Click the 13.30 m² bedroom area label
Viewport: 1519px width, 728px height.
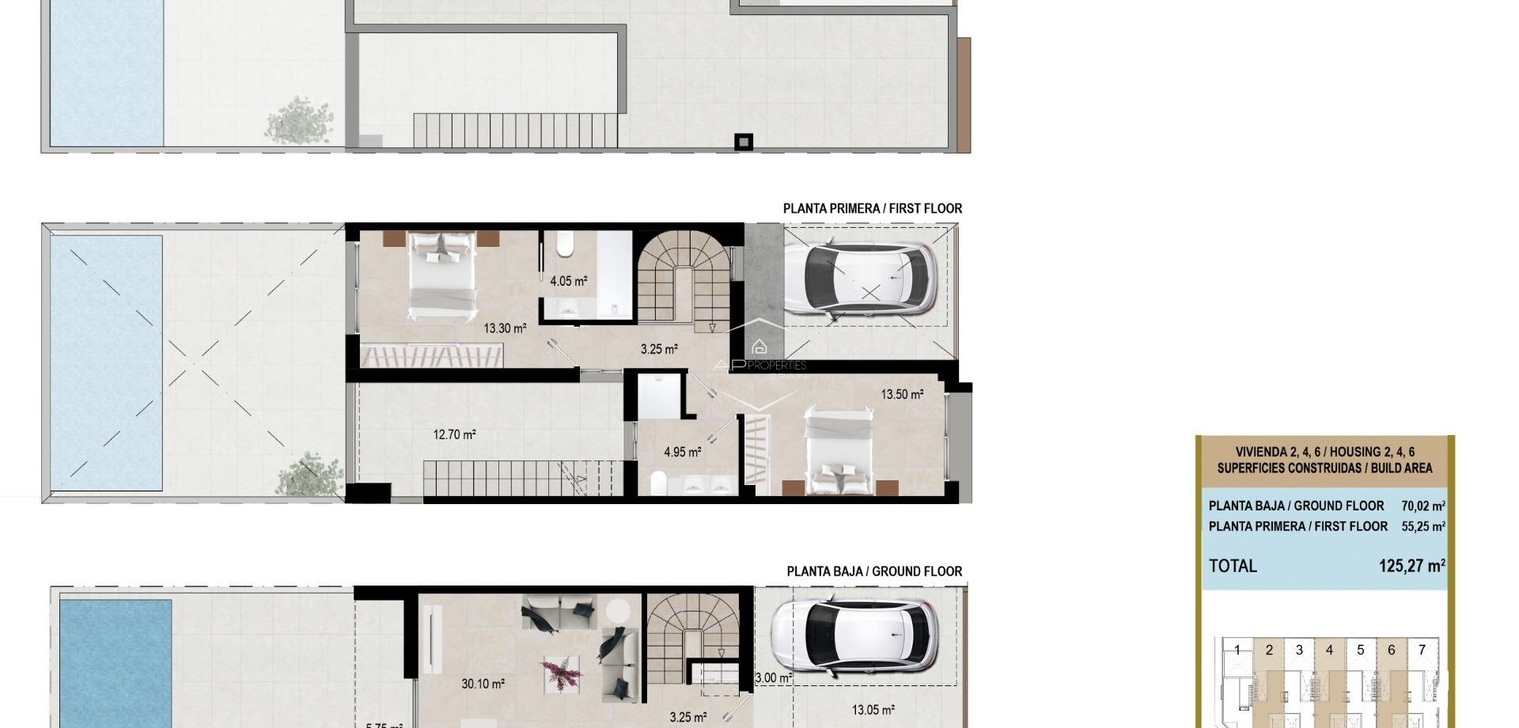coord(505,328)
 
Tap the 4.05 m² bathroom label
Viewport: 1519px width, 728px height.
coord(568,281)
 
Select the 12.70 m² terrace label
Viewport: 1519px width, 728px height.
coord(454,434)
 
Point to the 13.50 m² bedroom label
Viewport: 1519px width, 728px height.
coord(902,394)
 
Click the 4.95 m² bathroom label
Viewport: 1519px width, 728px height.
coord(682,453)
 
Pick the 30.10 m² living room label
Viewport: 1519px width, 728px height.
coord(483,684)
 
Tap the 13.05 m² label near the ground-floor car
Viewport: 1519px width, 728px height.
coord(873,711)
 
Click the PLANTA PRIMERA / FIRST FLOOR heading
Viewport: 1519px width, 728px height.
coord(872,209)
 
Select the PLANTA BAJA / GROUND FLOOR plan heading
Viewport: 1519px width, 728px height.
coord(873,571)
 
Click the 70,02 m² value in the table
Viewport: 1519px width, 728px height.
coord(1422,506)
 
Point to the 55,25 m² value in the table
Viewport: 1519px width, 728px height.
coord(1422,527)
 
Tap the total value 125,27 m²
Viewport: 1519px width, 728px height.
coord(1411,567)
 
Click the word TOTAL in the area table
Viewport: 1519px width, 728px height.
coord(1233,567)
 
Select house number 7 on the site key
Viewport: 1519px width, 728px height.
coord(1422,650)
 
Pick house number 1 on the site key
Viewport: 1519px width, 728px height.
coord(1237,650)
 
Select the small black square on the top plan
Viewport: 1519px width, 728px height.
coord(744,142)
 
